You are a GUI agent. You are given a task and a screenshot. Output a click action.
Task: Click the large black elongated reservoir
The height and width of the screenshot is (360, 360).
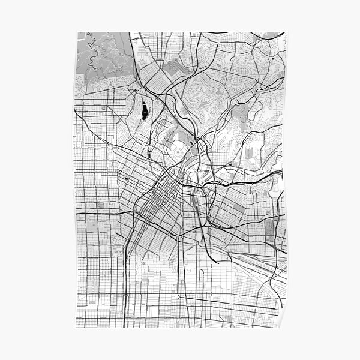[144, 110]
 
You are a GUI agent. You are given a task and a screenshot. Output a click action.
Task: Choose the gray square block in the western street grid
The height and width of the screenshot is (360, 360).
[100, 206]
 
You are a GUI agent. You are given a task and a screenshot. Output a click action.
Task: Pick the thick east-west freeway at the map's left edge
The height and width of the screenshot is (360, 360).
[90, 212]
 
